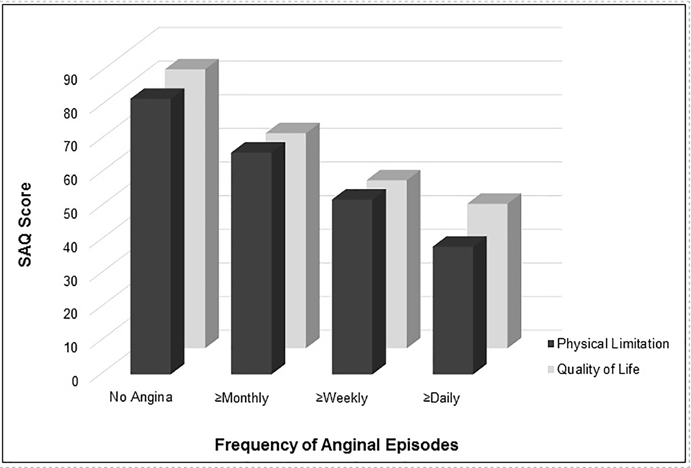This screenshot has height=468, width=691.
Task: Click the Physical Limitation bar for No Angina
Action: [x=151, y=235]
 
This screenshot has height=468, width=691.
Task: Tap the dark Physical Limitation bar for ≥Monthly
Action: [x=251, y=262]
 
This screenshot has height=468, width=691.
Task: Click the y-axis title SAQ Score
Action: [x=25, y=225]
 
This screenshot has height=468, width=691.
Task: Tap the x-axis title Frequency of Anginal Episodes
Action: [x=337, y=445]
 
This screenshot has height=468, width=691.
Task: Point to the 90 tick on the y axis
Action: [x=71, y=79]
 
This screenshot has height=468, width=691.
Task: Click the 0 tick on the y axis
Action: [x=75, y=381]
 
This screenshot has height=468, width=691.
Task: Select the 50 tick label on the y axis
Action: [x=71, y=213]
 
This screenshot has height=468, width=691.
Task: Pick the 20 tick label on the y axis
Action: [x=71, y=313]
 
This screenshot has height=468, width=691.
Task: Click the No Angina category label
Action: [x=141, y=397]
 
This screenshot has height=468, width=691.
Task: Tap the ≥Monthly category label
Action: [x=241, y=397]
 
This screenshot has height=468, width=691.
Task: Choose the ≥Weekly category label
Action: [x=342, y=397]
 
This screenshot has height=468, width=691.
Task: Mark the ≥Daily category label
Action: [x=441, y=397]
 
